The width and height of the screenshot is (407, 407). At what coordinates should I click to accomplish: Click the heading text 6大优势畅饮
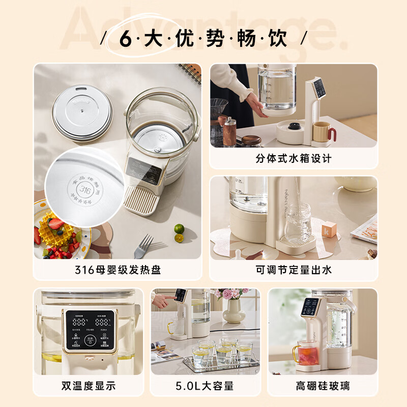click(203, 39)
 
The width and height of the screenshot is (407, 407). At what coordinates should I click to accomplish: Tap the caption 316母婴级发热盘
click(118, 270)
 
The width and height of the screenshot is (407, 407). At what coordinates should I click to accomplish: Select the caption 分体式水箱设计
click(294, 158)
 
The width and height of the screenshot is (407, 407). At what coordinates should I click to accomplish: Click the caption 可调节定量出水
click(294, 270)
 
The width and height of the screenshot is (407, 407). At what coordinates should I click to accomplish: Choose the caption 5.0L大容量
click(206, 386)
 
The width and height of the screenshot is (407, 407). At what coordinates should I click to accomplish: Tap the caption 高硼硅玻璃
click(323, 386)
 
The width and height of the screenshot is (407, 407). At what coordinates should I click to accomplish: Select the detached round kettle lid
click(81, 111)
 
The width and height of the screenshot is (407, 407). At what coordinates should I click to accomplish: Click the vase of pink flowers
click(234, 305)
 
